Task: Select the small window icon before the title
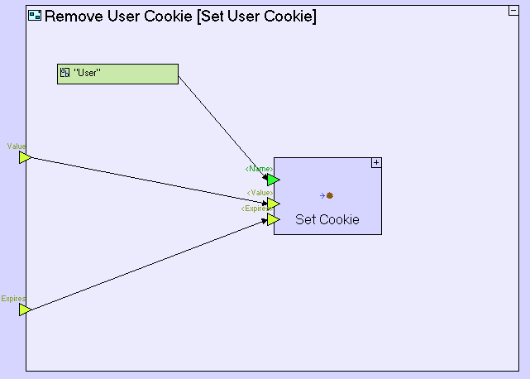(35, 16)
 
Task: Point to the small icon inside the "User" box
(64, 74)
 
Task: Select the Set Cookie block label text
(327, 220)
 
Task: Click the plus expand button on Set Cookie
(376, 163)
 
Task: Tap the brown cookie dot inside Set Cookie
(330, 196)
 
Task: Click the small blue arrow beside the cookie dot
(322, 196)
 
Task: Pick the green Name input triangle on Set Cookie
(273, 180)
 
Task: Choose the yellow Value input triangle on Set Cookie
(273, 204)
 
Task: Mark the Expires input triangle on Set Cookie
(273, 219)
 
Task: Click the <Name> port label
(259, 169)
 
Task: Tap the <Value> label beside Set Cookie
(260, 193)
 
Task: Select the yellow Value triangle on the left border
(25, 157)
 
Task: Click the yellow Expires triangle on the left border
(25, 309)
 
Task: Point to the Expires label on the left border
(13, 299)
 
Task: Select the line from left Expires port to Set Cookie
(149, 265)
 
